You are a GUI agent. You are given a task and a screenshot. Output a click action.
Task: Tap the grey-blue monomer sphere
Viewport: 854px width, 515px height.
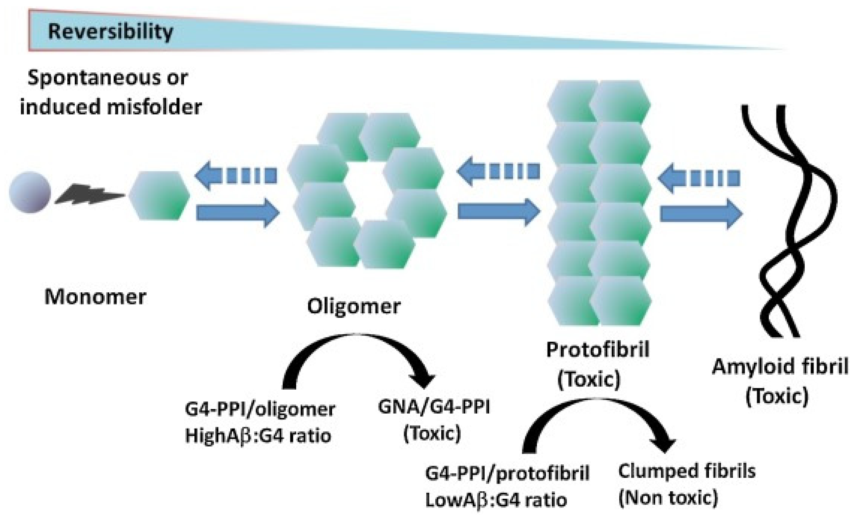30,192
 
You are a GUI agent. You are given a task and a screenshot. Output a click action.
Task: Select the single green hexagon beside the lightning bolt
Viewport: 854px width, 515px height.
159,195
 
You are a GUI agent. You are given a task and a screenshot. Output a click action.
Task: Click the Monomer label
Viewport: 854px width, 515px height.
95,297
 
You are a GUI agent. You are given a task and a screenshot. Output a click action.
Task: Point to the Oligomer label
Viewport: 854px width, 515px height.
353,306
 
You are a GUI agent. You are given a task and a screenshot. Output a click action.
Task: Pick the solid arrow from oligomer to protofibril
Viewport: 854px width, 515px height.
498,212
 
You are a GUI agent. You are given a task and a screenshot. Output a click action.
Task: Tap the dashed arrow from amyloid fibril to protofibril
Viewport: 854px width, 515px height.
698,178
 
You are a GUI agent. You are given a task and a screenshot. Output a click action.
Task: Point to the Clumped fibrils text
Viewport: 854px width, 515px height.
687,471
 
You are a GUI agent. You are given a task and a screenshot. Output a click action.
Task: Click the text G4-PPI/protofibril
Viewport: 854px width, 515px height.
507,473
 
